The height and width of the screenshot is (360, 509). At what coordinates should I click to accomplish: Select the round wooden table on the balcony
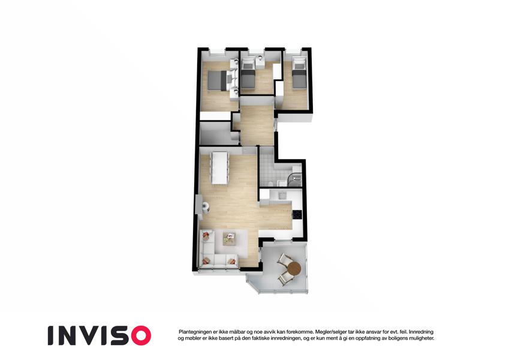click(x=294, y=268)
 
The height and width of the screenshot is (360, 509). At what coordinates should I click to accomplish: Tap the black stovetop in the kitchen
click(x=297, y=214)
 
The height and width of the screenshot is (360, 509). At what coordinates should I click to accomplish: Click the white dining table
click(x=220, y=168)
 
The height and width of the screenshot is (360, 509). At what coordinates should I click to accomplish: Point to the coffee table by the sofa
click(x=229, y=239)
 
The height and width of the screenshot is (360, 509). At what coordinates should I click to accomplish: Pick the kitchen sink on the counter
click(x=282, y=195)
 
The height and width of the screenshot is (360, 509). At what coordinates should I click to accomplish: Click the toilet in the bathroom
click(x=270, y=183)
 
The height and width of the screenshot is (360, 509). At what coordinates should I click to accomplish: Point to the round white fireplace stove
click(x=205, y=207)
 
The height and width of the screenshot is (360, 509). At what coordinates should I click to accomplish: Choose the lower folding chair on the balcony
click(x=285, y=278)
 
